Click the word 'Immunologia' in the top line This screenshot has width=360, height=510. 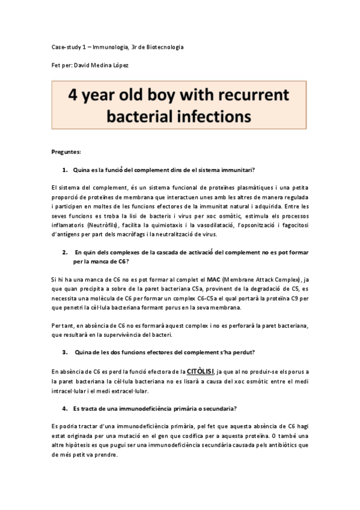[101, 47]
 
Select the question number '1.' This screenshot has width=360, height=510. [66, 170]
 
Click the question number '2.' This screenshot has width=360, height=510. [66, 254]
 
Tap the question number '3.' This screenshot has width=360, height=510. [66, 351]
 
